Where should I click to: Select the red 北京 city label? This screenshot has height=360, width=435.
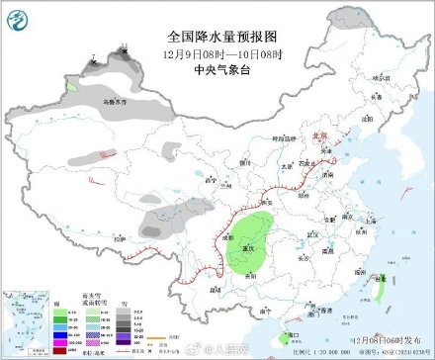[x=317, y=137]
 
